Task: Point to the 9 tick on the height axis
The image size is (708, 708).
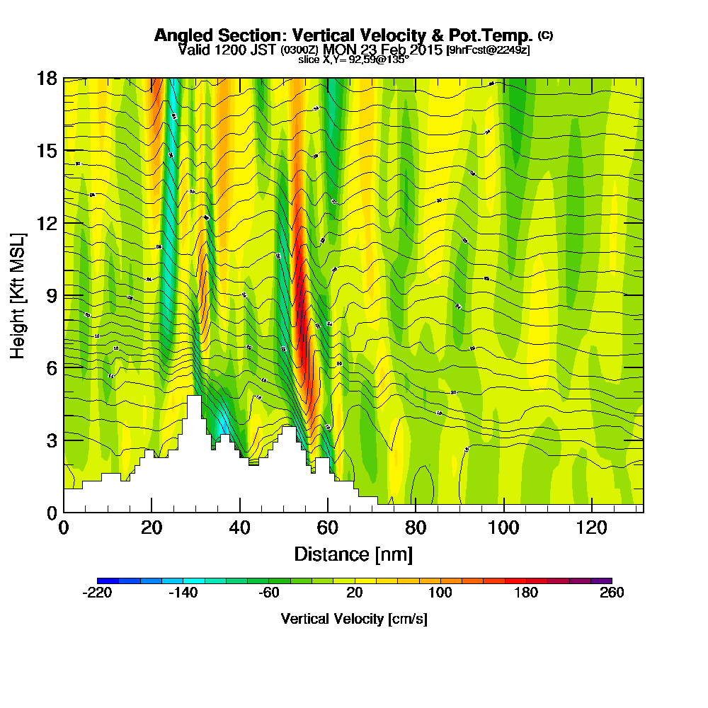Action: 51,295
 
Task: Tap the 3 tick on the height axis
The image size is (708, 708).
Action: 51,440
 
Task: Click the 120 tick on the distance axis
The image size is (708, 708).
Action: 591,527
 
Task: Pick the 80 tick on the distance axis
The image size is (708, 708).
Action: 416,527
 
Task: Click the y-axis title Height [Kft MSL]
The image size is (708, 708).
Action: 18,295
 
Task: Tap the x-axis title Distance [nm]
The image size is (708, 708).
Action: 353,553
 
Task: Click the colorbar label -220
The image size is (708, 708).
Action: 97,593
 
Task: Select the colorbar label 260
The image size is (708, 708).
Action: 612,593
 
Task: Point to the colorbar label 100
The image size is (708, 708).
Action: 440,593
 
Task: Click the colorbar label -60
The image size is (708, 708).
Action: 268,593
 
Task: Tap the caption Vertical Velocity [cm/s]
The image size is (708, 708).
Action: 353,619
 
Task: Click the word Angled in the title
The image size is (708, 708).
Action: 183,35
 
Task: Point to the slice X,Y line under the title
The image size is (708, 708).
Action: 353,59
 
